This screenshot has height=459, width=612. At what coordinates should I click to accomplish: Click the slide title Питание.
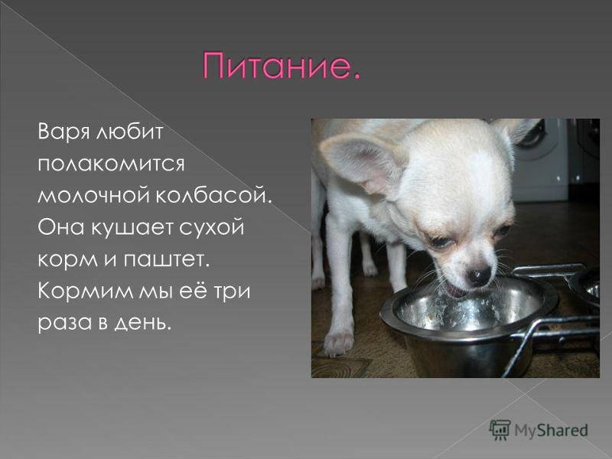[x=281, y=68]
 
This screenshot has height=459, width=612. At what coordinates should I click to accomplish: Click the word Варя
[x=57, y=133]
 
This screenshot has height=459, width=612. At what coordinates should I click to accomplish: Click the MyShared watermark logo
[x=539, y=429]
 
